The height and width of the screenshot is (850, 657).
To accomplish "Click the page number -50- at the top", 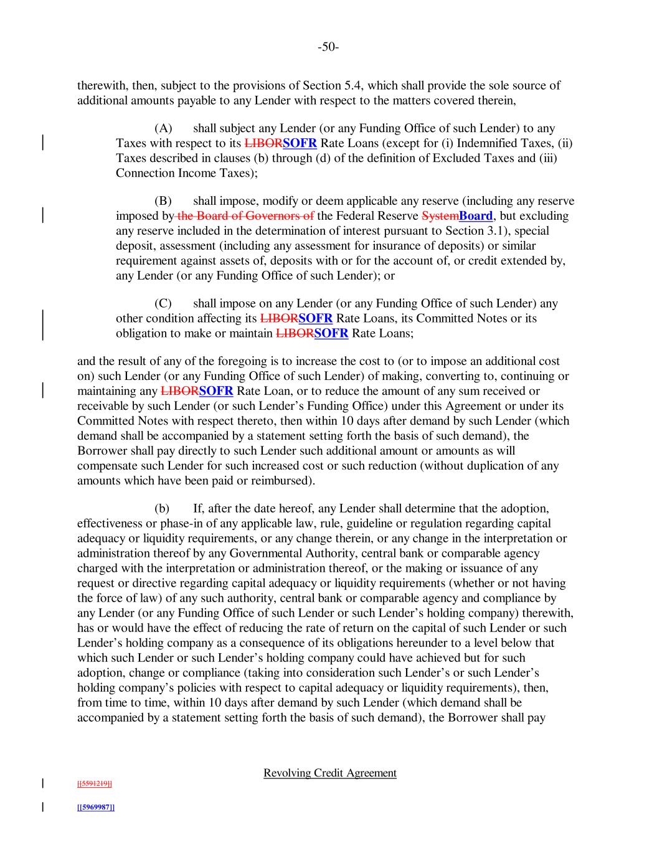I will [328, 47].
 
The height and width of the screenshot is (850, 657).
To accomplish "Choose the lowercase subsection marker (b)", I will [163, 509].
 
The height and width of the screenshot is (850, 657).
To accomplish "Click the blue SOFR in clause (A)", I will [300, 143].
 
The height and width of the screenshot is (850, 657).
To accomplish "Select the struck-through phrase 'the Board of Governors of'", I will [245, 216].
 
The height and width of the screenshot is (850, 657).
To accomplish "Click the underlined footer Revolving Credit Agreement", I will [329, 773].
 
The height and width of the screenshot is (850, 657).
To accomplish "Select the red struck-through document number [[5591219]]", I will [94, 783].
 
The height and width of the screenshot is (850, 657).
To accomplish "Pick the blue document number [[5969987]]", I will [95, 807].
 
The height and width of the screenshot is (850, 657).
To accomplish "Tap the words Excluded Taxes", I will [496, 158].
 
